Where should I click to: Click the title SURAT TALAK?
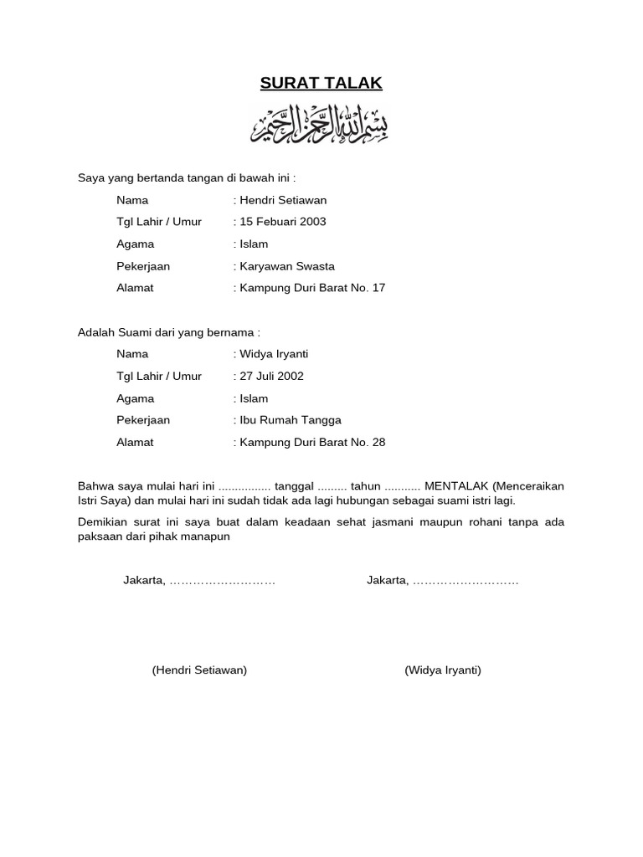point(321,83)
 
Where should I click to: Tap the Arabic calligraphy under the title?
point(320,125)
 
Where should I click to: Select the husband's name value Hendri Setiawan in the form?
point(283,200)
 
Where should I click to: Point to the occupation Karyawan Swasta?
point(287,266)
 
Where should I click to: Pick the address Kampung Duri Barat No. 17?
point(312,288)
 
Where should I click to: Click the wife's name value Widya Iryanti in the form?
point(274,354)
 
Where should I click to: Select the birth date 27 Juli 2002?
point(272,376)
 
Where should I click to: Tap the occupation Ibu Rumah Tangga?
point(291,420)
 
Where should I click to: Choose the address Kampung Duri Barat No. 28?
point(312,442)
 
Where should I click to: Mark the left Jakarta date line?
point(199,581)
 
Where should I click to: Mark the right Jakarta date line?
point(442,581)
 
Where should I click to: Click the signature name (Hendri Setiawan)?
point(199,670)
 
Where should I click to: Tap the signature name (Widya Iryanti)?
point(443,670)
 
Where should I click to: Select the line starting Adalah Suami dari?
point(169,332)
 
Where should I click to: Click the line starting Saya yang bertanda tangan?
point(187,178)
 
